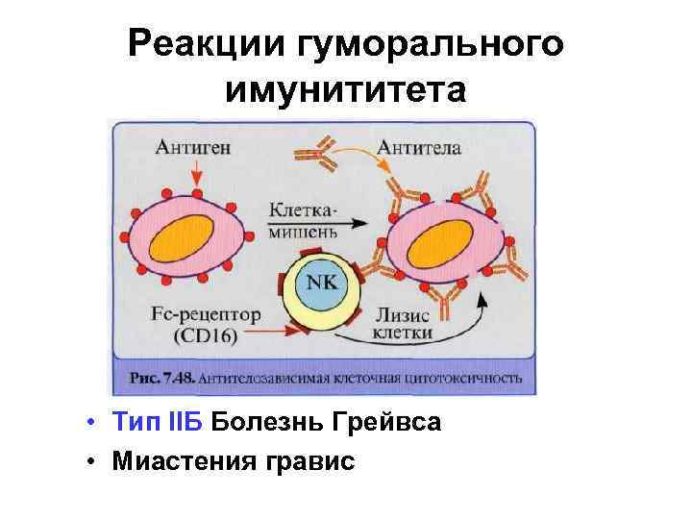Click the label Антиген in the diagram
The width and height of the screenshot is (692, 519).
pyautogui.click(x=187, y=147)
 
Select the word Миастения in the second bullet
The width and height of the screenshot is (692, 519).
pyautogui.click(x=180, y=460)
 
